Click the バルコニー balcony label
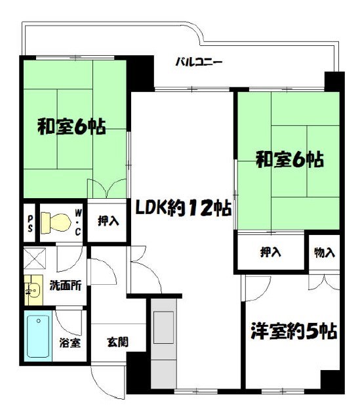pos(199,63)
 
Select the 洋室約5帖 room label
pos(292,331)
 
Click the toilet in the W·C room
pos(54,222)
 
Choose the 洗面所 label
pos(65,285)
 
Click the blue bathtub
pos(39,337)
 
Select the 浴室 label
pos(70,342)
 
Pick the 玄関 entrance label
pos(118,341)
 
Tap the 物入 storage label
pos(325,251)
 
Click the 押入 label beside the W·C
pos(108,221)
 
